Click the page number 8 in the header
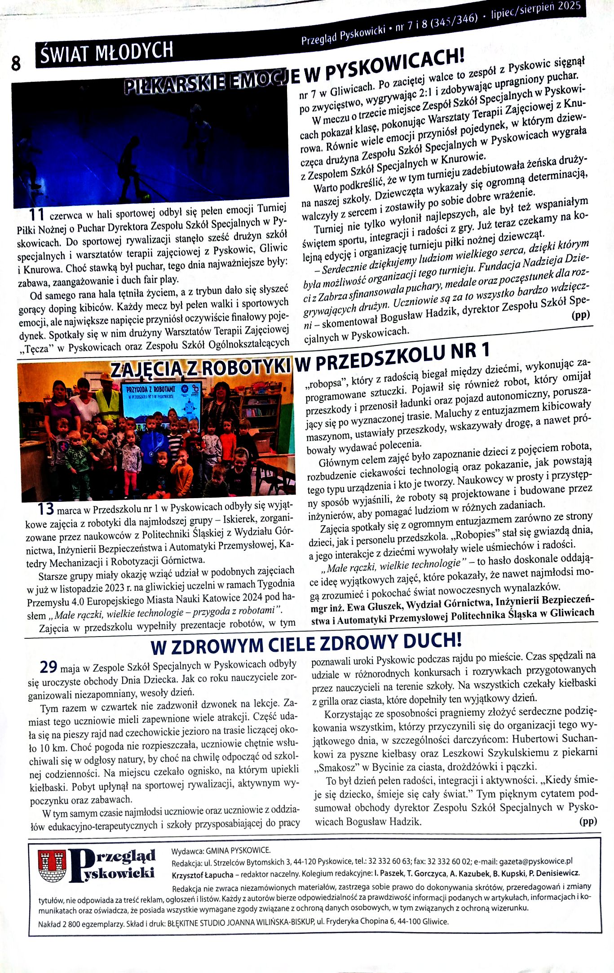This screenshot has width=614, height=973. click(16, 63)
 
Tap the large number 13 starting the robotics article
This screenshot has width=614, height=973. click(46, 509)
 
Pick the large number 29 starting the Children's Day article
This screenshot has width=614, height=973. click(49, 668)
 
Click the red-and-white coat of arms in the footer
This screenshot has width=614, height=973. click(53, 866)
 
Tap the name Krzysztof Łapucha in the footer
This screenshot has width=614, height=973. click(203, 874)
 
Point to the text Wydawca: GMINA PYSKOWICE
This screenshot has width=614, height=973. click(221, 850)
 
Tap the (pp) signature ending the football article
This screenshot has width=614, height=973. click(580, 315)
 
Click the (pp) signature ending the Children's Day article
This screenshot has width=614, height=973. click(587, 822)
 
